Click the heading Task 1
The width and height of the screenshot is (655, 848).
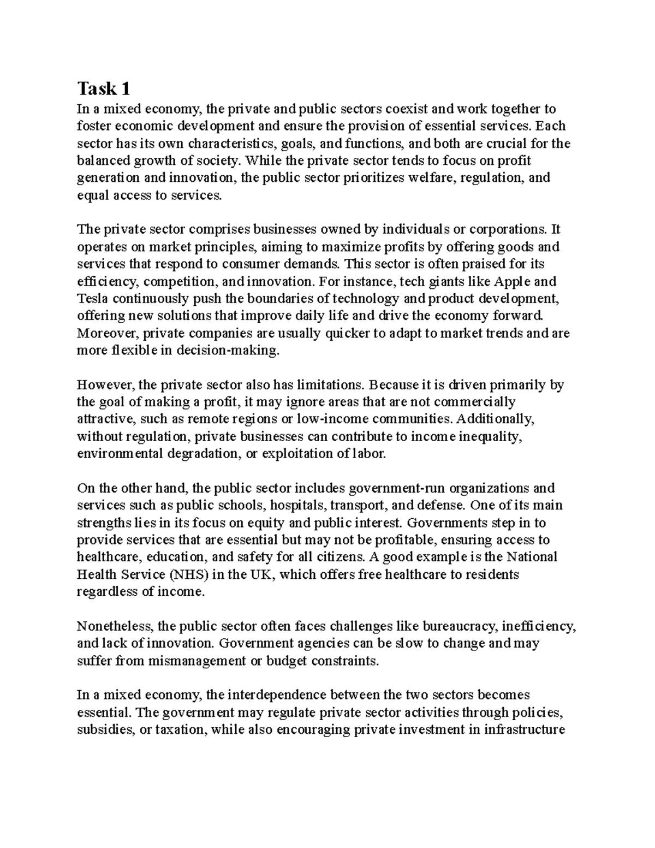pyautogui.click(x=104, y=88)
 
